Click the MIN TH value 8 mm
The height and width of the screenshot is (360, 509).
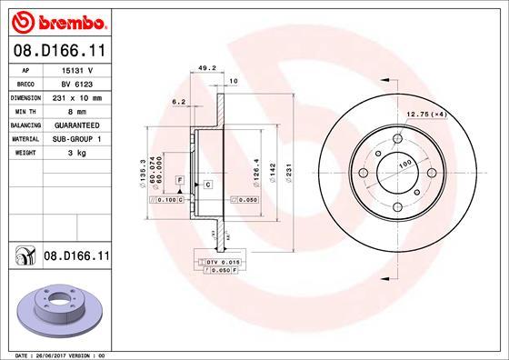pyautogui.click(x=75, y=109)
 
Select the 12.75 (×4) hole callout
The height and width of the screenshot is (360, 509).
pyautogui.click(x=426, y=113)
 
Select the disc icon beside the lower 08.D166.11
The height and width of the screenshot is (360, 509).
pyautogui.click(x=24, y=257)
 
